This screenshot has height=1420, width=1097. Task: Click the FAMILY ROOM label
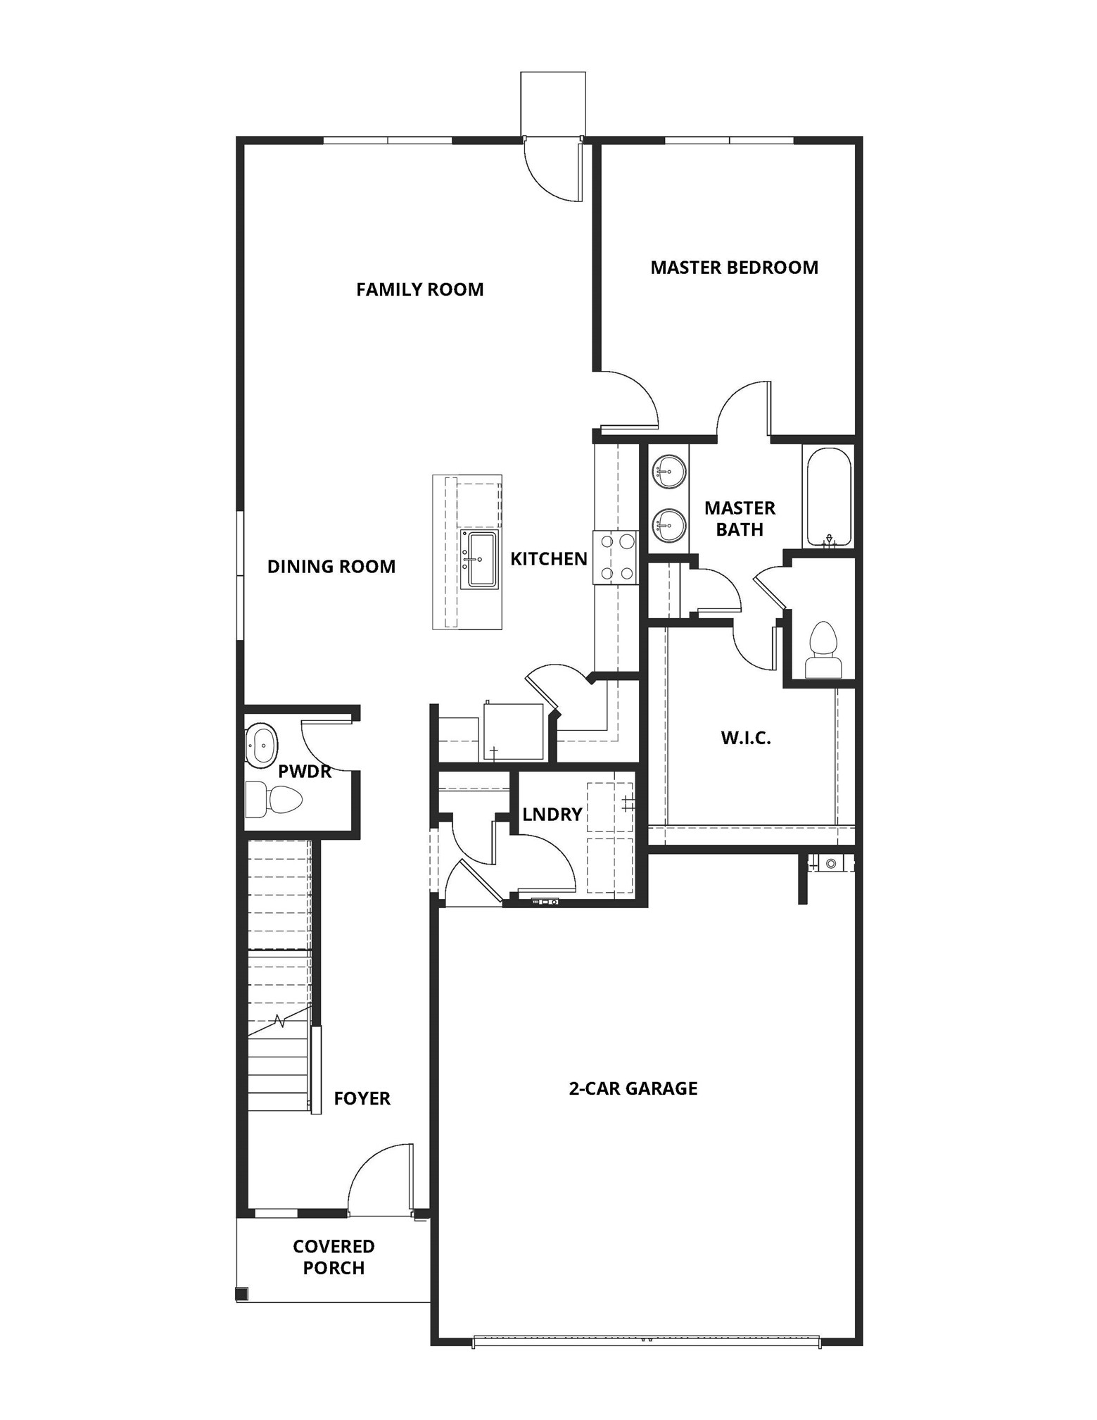(419, 289)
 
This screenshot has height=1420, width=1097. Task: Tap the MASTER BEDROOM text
(734, 268)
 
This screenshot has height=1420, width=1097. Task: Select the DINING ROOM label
(331, 567)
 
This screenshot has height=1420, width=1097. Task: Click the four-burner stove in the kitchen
(616, 558)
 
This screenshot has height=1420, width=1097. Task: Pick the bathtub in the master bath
(828, 496)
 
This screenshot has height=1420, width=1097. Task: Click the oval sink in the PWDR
(262, 744)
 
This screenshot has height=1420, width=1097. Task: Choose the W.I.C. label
(746, 738)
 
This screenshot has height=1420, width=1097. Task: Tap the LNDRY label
(552, 815)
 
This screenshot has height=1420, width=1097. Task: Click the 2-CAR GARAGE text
(633, 1088)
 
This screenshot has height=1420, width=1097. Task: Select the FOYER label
(362, 1098)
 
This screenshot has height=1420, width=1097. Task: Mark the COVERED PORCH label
(334, 1257)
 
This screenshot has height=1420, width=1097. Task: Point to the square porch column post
(241, 1293)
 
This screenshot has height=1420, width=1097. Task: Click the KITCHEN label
(548, 559)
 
